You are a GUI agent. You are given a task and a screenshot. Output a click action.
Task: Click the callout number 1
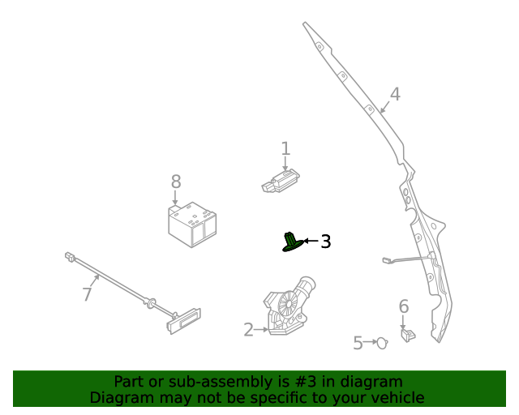tap(285, 148)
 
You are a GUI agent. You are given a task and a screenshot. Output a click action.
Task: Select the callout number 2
tap(249, 330)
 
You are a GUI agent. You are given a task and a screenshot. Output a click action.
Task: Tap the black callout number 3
tap(325, 242)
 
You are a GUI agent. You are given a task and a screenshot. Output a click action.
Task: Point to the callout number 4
tap(394, 95)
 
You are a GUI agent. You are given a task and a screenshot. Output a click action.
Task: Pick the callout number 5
tap(358, 344)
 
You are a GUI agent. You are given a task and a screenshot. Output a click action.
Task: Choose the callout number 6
tap(403, 307)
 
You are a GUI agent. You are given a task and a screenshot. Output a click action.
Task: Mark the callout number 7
tap(88, 294)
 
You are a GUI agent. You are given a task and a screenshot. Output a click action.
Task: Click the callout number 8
tap(176, 182)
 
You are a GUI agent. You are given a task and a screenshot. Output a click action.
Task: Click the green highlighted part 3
tap(291, 242)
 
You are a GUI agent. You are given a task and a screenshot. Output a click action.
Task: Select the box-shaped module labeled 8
tap(192, 224)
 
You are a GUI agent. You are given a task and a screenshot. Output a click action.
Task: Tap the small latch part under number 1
tap(280, 181)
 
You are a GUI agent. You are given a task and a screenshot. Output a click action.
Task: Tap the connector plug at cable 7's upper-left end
tap(70, 258)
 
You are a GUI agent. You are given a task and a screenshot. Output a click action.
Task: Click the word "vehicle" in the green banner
tap(394, 398)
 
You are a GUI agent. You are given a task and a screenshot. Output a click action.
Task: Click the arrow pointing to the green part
tap(311, 242)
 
